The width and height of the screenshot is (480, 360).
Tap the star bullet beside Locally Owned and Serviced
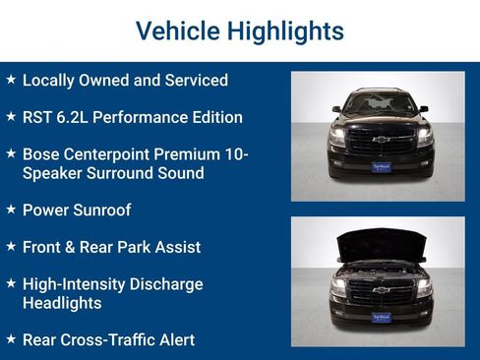11,80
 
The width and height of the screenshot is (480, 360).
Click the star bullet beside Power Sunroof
11,210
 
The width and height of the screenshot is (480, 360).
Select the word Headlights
62,303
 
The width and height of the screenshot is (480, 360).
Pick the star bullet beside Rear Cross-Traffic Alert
11,339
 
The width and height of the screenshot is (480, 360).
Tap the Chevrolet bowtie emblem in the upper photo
380,140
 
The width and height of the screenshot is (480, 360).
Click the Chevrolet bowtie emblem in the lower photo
380,289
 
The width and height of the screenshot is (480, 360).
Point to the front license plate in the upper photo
380,168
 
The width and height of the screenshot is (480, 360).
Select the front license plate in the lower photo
380,318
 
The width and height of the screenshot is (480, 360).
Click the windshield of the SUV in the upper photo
379,103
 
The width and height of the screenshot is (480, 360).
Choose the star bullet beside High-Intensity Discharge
11,284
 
